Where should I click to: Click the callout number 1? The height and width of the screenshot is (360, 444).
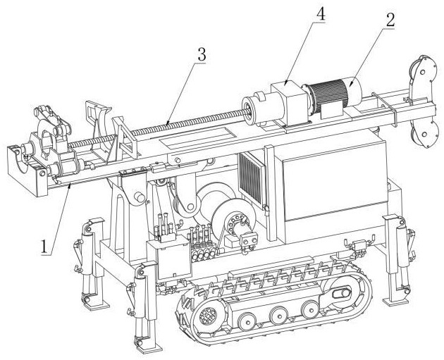[44, 246]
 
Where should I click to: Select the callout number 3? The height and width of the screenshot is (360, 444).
[202, 55]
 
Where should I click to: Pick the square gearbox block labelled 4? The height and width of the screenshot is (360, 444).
[289, 103]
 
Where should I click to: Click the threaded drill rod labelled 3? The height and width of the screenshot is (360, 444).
[159, 127]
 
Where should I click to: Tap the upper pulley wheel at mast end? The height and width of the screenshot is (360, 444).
[422, 72]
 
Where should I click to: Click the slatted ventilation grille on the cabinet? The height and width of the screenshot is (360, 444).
[251, 178]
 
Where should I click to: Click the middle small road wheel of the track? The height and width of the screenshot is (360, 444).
[278, 316]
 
